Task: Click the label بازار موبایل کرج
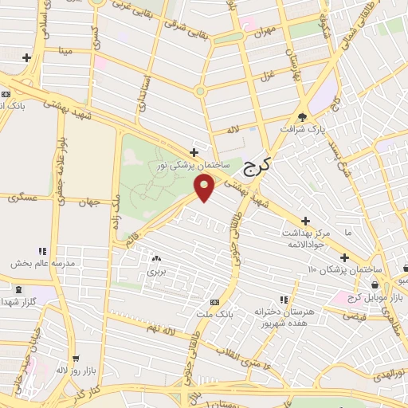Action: coord(374,296)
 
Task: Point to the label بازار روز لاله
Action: coord(73,371)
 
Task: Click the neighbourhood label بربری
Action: coord(155,272)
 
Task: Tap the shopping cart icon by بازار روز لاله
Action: coord(75,359)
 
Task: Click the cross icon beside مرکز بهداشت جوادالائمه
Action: coord(305,220)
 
